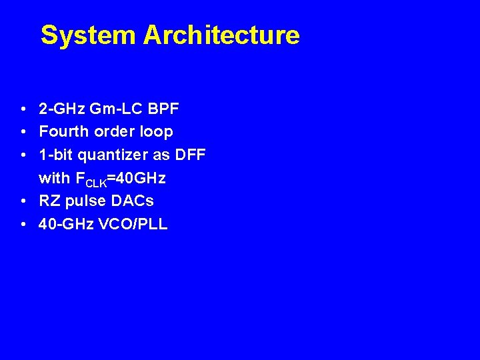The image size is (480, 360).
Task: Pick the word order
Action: point(114,131)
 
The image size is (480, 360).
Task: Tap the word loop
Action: point(156,132)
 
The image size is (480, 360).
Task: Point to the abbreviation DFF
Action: point(191,155)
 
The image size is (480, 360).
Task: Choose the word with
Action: point(54,178)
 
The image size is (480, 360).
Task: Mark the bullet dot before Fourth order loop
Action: point(23,132)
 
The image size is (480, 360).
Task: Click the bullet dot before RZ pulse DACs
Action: point(23,201)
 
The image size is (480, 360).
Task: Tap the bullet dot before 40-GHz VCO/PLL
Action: point(23,225)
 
